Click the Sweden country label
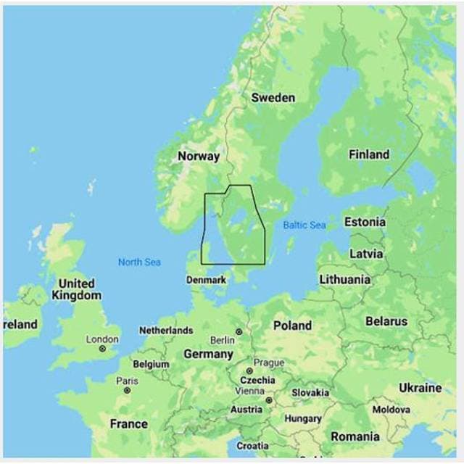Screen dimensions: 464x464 (x=273, y=98)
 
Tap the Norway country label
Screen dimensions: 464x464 (x=199, y=156)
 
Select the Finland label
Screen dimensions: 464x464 (x=368, y=154)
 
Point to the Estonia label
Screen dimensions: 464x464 (x=365, y=222)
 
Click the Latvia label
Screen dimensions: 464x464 (x=366, y=254)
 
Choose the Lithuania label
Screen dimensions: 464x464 (x=344, y=279)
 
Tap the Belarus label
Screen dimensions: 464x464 (x=386, y=321)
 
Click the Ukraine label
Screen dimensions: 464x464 (x=420, y=388)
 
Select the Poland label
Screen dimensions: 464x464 (x=292, y=326)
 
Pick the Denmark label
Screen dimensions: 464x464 (x=206, y=280)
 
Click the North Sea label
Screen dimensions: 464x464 (x=139, y=262)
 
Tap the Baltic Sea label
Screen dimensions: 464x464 (x=304, y=225)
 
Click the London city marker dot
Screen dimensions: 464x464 (x=102, y=349)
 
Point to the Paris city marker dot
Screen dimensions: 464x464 (x=127, y=390)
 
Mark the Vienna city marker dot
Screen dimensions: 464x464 (x=268, y=399)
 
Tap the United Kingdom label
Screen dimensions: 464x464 (x=76, y=289)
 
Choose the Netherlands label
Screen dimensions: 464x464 (x=166, y=331)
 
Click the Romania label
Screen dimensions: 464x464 (x=355, y=436)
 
